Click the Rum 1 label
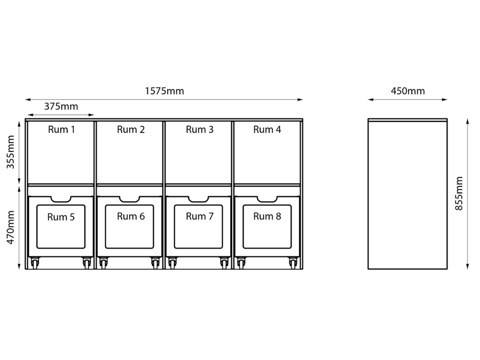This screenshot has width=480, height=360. tap(61, 130)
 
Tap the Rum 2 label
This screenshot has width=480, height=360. tap(131, 130)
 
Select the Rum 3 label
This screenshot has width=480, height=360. tap(200, 130)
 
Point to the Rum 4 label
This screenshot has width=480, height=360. tap(267, 130)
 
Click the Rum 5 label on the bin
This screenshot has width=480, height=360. tap(61, 217)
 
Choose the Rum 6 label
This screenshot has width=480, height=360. tap(131, 216)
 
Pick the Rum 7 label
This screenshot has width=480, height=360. tap(200, 216)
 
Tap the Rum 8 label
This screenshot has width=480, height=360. tap(267, 216)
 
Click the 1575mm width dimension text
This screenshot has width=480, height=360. tap(164, 91)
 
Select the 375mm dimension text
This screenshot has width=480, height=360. tap(61, 107)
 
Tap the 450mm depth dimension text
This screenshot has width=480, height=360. tap(408, 91)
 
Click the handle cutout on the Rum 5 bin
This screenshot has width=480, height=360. tap(61, 199)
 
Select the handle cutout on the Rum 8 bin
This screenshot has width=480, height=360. tap(267, 199)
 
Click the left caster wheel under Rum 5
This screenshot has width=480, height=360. tap(35, 263)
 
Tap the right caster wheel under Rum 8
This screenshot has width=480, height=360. tap(292, 263)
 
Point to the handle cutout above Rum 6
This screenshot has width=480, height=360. tap(130, 199)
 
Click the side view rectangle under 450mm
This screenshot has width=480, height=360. tap(408, 194)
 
